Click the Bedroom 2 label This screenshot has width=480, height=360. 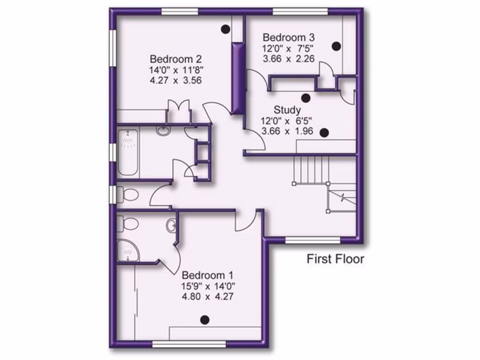[176, 60]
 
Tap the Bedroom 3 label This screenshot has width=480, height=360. [288, 37]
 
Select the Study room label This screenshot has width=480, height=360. [287, 110]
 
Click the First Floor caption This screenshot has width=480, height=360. [335, 259]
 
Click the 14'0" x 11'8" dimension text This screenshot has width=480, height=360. [176, 70]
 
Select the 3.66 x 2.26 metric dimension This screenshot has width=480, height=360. [288, 59]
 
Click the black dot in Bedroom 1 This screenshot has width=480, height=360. [204, 320]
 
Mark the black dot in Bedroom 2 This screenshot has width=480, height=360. [225, 29]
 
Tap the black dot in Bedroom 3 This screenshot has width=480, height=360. [336, 46]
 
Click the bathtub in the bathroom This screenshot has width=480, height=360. [127, 152]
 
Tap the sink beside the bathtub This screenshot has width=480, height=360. [163, 131]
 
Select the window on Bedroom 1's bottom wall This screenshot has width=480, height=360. [189, 345]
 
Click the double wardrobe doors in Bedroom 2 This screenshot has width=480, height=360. [178, 112]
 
